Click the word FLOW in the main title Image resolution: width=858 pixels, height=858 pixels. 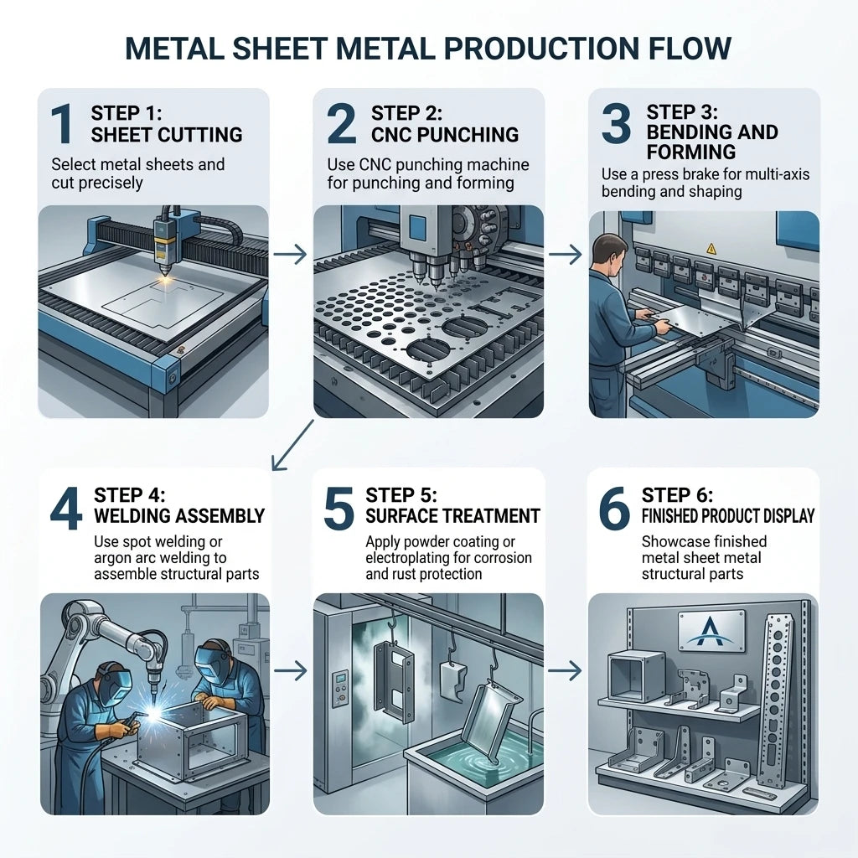pos(690,48)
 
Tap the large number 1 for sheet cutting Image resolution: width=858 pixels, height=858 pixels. pos(62,124)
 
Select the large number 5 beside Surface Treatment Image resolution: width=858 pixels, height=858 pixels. pos(339,509)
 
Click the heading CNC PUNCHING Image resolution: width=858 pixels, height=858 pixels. pos(445,135)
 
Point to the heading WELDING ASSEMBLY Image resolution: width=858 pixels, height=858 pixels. pos(179,515)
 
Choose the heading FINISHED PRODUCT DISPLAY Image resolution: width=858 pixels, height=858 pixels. pos(728,515)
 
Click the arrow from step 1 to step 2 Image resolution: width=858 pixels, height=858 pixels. pos(290,255)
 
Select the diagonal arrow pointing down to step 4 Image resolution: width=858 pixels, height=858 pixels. pos(292,445)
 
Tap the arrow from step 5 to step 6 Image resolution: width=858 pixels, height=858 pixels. pos(565,670)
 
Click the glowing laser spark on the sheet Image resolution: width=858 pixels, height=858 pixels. pos(166,280)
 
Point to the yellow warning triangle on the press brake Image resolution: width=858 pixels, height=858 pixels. pos(711,249)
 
